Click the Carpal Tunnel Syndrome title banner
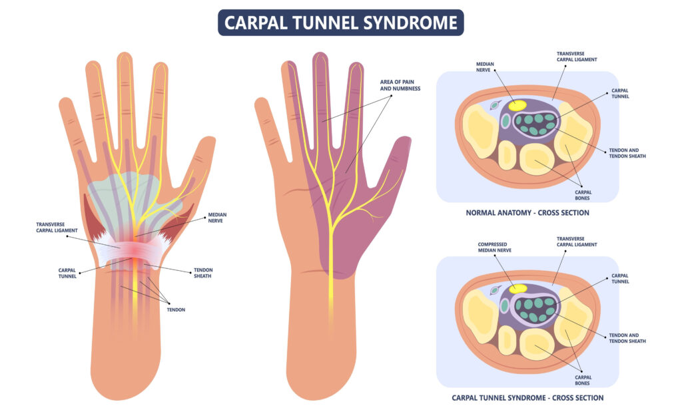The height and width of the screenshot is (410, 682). coord(340,23)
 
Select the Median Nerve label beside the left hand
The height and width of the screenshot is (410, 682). coord(218,218)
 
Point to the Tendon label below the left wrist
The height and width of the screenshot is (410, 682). coord(176,309)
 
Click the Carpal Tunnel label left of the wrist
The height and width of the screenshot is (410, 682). coord(67,272)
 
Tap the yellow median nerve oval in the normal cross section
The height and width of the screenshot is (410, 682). coord(517,104)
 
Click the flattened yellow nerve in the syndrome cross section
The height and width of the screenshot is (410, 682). coord(517,289)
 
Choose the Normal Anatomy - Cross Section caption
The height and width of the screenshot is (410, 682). coord(526,213)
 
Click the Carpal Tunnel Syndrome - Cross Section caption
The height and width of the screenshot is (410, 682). coord(527,397)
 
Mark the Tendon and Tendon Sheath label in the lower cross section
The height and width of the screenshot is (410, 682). coord(627,337)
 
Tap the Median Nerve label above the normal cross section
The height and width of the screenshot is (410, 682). coord(486,67)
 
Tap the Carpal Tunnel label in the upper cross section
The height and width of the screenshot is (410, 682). coord(619,93)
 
